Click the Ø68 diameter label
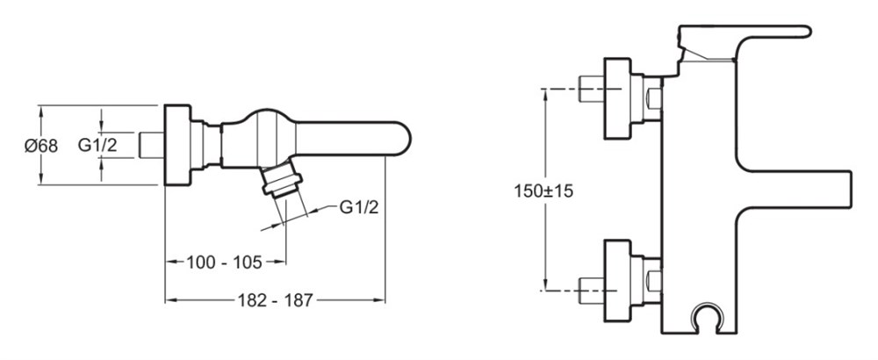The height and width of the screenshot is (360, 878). click(41, 146)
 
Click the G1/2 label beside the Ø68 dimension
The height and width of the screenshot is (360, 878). click(97, 146)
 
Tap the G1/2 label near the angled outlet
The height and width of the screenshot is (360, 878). click(359, 208)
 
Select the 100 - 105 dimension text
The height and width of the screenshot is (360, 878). click(225, 262)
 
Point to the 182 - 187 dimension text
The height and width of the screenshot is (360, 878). click(274, 300)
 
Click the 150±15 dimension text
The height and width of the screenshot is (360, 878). click(543, 191)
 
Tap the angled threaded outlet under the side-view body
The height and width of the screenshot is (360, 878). click(282, 178)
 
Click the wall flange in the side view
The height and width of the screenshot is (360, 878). click(177, 145)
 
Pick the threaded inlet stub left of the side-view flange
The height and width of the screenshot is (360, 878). click(151, 145)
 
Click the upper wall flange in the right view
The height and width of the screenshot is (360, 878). click(617, 98)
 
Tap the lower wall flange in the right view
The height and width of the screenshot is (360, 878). click(617, 280)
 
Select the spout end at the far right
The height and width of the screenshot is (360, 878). click(840, 190)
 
